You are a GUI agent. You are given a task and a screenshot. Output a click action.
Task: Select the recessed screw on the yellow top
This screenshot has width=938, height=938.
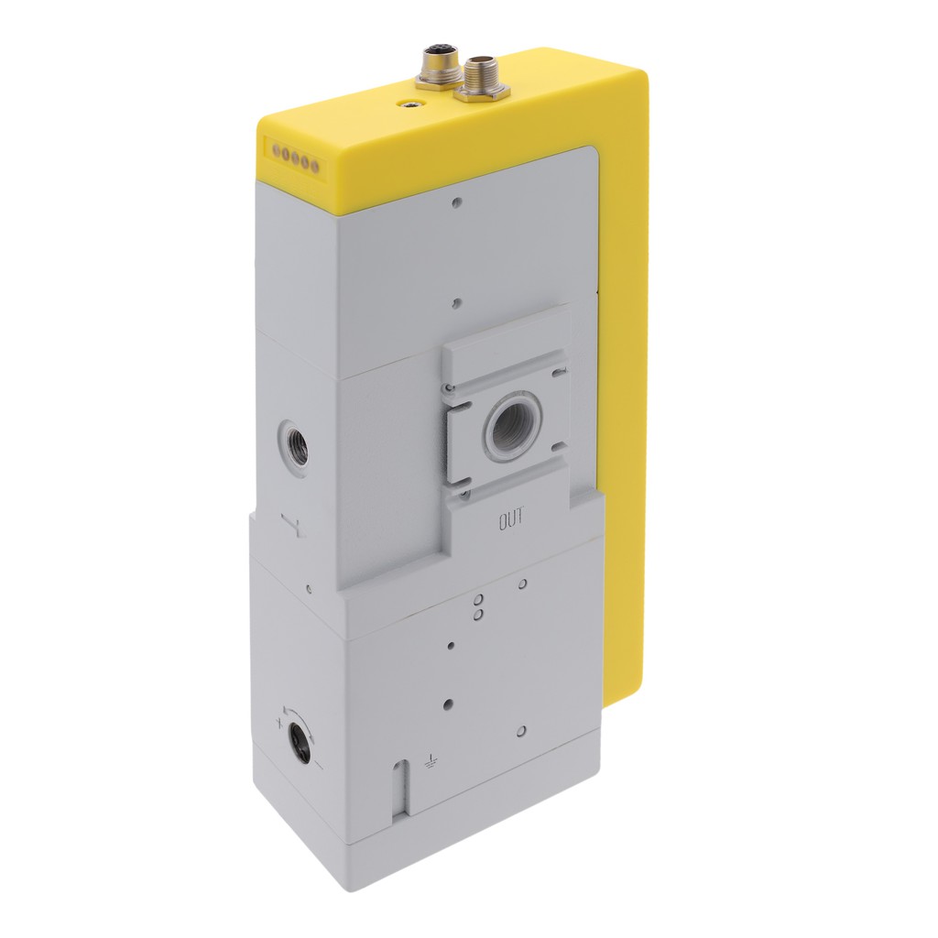click(409, 104)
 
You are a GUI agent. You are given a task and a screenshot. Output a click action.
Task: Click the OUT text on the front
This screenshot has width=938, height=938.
click(511, 518)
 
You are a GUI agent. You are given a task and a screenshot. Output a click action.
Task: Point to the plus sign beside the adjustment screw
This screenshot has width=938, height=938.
click(279, 723)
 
